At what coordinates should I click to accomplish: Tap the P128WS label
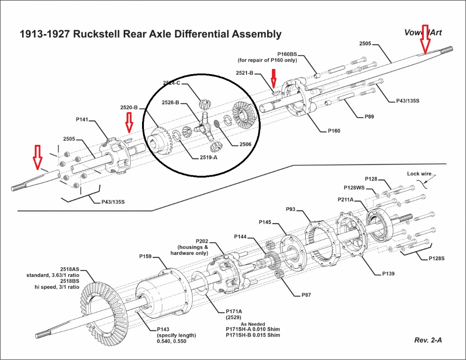355,187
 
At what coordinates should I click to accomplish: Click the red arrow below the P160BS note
275,77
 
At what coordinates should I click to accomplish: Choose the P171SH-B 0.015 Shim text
254,335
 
